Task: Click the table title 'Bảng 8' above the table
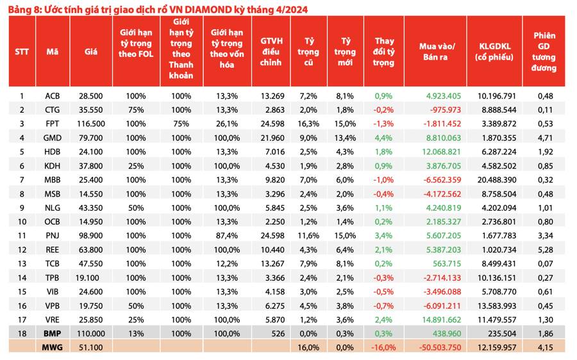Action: click(x=24, y=9)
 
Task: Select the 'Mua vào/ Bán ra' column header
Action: click(x=437, y=52)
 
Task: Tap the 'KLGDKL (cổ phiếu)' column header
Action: click(x=494, y=52)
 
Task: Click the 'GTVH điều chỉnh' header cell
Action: click(x=271, y=52)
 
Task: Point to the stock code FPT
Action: click(x=53, y=124)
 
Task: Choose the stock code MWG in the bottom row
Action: click(x=53, y=347)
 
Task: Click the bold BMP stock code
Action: click(x=53, y=334)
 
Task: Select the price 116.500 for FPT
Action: click(x=91, y=124)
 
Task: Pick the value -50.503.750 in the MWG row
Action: click(x=440, y=347)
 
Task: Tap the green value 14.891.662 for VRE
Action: click(x=442, y=320)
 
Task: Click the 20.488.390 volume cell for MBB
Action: click(x=497, y=180)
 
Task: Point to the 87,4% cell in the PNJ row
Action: click(x=227, y=236)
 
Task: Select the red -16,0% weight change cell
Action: click(x=383, y=347)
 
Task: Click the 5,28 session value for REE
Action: click(x=546, y=250)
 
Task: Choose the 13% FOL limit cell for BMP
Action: click(x=136, y=334)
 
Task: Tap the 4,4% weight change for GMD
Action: click(x=383, y=138)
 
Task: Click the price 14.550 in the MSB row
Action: click(x=91, y=194)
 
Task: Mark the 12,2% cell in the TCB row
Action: click(x=227, y=264)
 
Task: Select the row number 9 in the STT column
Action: click(x=22, y=208)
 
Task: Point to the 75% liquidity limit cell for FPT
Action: click(x=181, y=124)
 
